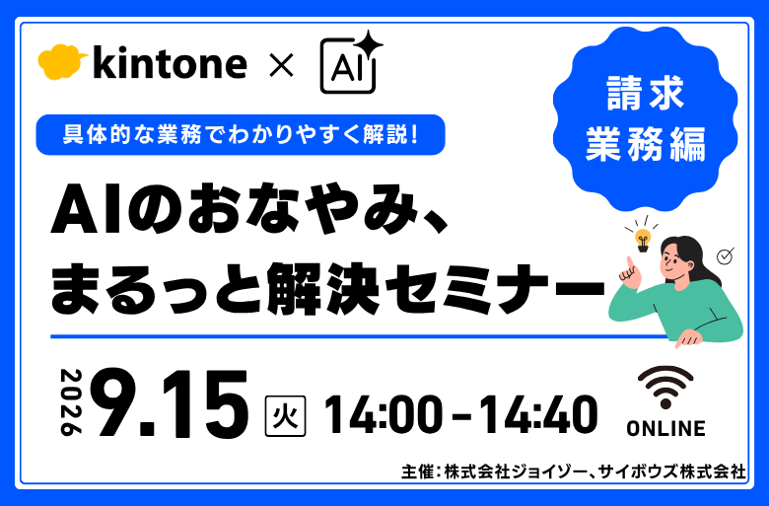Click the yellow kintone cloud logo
tap(62, 62)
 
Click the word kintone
tap(170, 62)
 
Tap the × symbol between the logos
tap(282, 65)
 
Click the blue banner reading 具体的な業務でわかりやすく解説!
tap(241, 135)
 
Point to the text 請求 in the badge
tap(645, 94)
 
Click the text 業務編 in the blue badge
tap(646, 144)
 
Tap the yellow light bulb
tap(643, 240)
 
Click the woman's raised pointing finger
tap(629, 264)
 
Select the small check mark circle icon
tap(725, 256)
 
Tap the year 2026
tap(71, 402)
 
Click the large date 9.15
tap(174, 403)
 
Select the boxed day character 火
tap(286, 416)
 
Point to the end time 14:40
tap(538, 415)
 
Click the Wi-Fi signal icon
tap(665, 388)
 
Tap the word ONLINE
tap(666, 428)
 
